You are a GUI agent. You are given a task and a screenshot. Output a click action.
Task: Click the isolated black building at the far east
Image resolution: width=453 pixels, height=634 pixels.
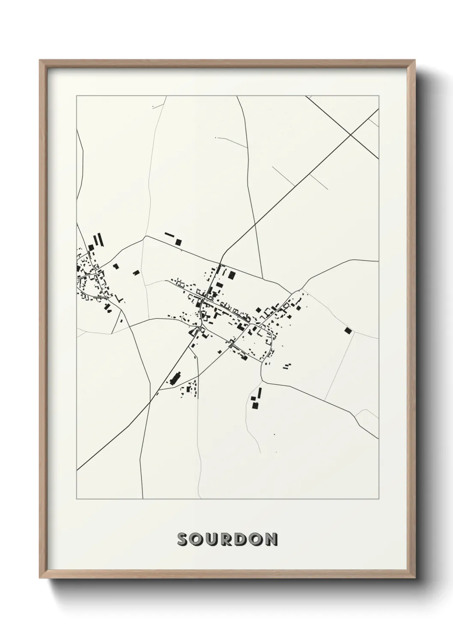[348, 330]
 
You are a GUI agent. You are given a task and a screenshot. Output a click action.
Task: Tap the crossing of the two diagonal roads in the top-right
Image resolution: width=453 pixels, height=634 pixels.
[351, 135]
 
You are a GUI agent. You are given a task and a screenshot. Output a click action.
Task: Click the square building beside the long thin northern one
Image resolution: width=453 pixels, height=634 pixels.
[179, 242]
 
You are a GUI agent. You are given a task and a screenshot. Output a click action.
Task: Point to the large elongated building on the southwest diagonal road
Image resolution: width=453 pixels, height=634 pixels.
[175, 378]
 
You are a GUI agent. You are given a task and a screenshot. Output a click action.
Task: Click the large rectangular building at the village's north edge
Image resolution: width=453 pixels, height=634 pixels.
[232, 275]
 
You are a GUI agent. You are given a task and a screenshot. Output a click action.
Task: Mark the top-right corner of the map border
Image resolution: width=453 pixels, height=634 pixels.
[378, 96]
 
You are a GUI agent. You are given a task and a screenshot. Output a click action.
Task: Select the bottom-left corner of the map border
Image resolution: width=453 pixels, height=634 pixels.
[77, 499]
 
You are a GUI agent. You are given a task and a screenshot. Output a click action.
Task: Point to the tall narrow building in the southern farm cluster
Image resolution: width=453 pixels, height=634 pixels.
[259, 392]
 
